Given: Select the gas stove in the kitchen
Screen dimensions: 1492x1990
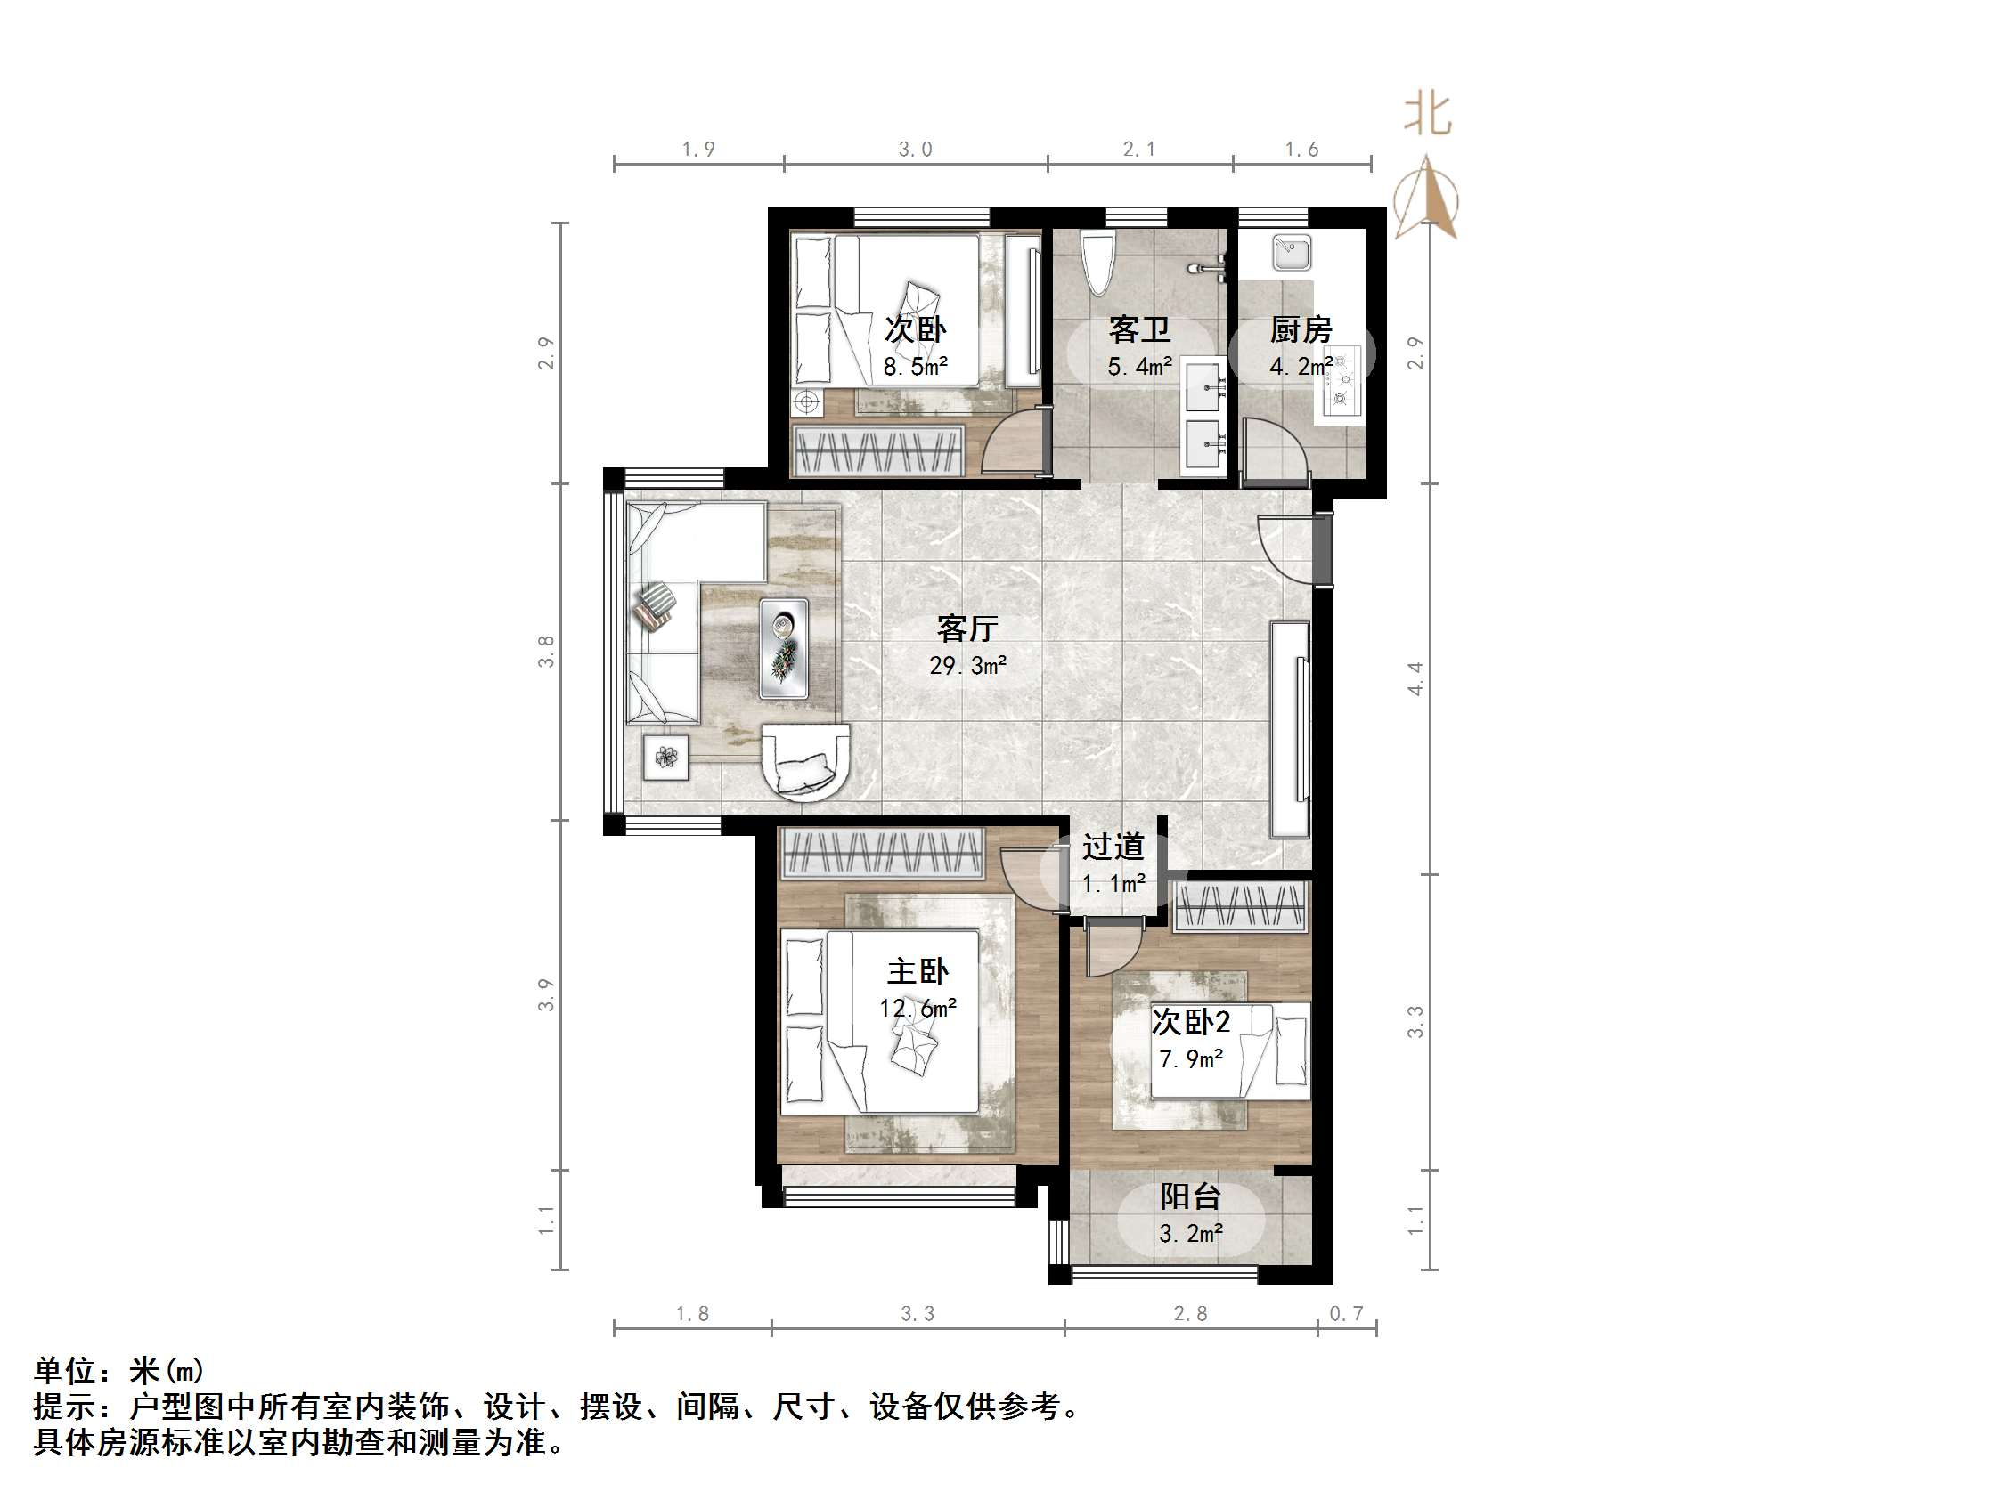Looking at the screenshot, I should coord(1342,382).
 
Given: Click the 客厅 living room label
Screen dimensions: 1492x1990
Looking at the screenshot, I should coord(967,628).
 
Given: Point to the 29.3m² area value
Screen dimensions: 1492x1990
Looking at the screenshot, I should coord(967,666).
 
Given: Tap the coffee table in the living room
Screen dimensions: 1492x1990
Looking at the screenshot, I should coord(784,648).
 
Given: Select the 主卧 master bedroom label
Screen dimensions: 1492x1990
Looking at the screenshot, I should coord(918,971).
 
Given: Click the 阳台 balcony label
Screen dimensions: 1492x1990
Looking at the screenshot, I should coord(1189,1196).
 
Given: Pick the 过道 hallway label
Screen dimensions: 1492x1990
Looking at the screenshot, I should coord(1113,847).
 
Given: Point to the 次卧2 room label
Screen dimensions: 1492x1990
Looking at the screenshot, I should coord(1190,1022).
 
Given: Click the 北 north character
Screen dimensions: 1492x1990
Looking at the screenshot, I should coord(1428,115).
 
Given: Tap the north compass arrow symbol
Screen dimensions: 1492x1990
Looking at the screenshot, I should coord(1426,199).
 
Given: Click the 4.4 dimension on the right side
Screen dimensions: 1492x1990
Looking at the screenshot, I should coord(1416,678).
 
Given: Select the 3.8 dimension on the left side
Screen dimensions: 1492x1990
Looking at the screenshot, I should coord(546,651).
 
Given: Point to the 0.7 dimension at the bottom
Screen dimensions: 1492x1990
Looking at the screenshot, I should coord(1347,1314).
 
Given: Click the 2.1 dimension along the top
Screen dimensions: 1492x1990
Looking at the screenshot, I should coord(1139,150).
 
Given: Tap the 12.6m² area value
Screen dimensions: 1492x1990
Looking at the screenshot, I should coord(918,1008).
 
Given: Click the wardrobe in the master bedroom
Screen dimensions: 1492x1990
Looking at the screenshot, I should coord(882,853).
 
